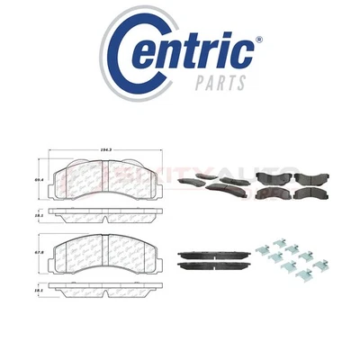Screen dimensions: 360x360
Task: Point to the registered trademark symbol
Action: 259,40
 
